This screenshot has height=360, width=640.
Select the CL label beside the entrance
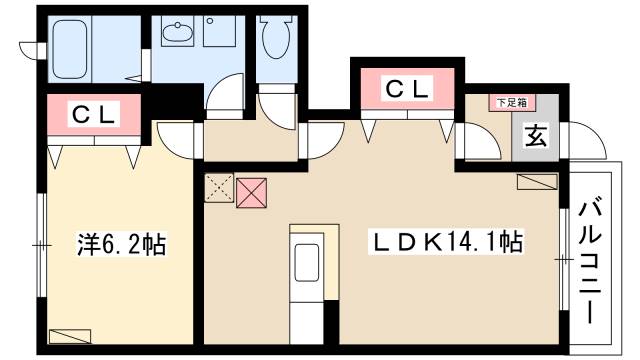point(408,90)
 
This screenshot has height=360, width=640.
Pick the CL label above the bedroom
point(94,115)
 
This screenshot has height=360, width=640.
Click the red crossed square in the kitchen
point(250,193)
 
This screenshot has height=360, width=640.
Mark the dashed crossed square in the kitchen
point(218,186)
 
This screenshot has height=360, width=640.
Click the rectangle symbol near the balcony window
point(538,181)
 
